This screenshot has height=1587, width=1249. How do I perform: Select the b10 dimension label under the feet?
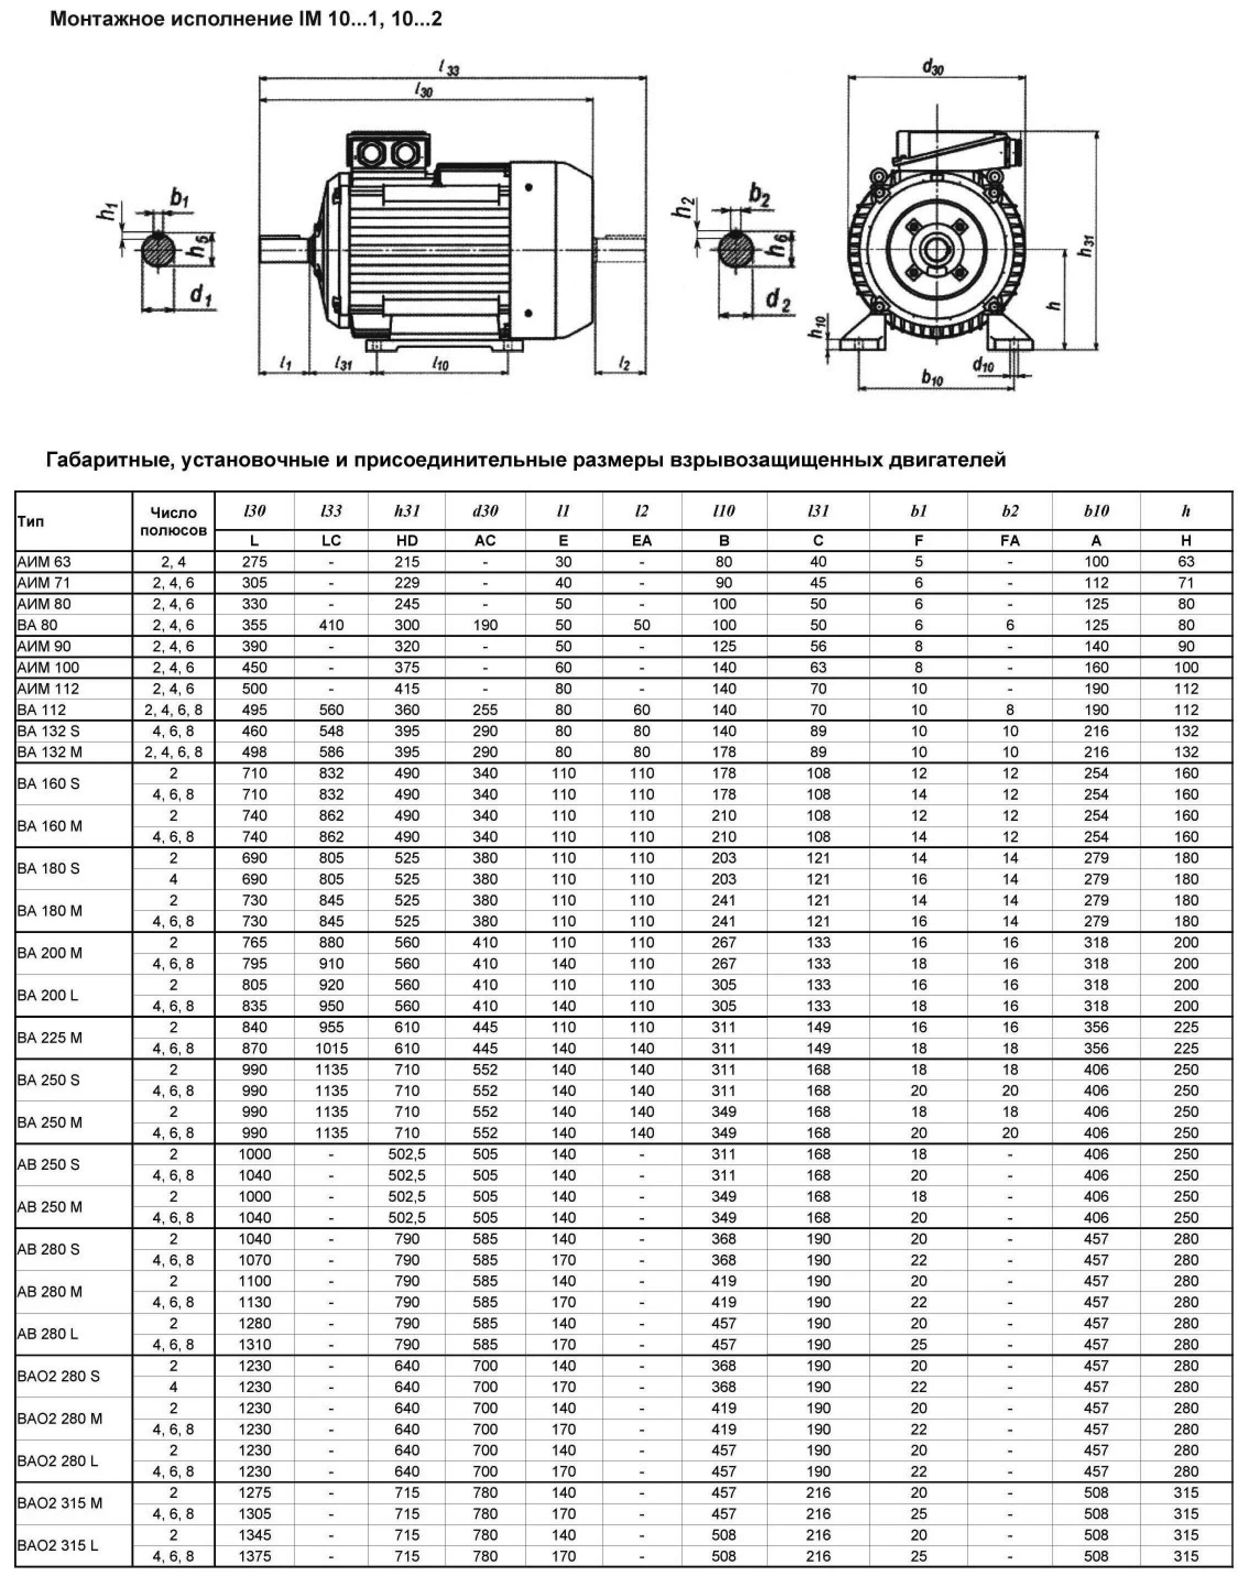(x=932, y=378)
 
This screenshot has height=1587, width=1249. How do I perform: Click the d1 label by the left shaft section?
(x=200, y=296)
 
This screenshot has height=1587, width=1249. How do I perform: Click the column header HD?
(x=407, y=541)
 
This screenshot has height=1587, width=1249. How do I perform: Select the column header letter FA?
(x=1010, y=541)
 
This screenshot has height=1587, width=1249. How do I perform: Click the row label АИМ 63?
(x=44, y=561)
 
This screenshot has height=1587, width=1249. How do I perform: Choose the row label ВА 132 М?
(x=49, y=752)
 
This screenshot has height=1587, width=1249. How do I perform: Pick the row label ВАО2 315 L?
(x=58, y=1545)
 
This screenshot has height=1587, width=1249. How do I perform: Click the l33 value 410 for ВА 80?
(x=331, y=625)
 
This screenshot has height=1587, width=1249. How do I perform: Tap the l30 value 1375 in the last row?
(x=254, y=1556)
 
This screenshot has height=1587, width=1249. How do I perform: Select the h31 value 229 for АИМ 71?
(x=407, y=583)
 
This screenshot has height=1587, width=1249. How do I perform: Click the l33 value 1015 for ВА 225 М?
(x=331, y=1048)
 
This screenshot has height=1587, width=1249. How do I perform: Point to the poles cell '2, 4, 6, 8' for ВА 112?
(x=173, y=710)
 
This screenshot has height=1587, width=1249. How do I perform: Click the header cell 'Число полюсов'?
(x=173, y=521)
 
